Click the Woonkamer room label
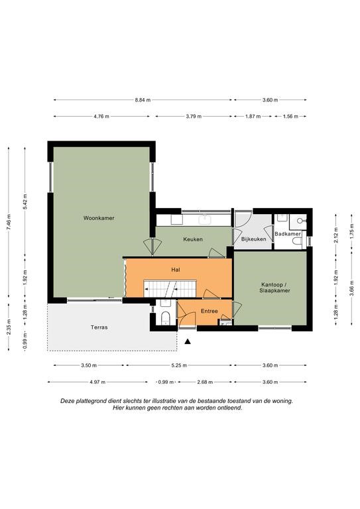pyautogui.click(x=99, y=218)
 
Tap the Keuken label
pyautogui.click(x=193, y=239)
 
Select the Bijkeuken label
pyautogui.click(x=253, y=239)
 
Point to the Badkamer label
pyautogui.click(x=288, y=234)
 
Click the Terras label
pyautogui.click(x=99, y=327)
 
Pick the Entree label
pyautogui.click(x=209, y=311)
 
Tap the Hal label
pyautogui.click(x=176, y=270)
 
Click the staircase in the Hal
pyautogui.click(x=170, y=288)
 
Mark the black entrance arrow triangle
pyautogui.click(x=188, y=341)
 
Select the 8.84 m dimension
pyautogui.click(x=143, y=100)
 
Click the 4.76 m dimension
pyautogui.click(x=101, y=116)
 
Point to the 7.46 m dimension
pyautogui.click(x=9, y=223)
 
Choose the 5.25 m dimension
pyautogui.click(x=179, y=366)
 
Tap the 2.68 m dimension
pyautogui.click(x=205, y=382)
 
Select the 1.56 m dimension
pyautogui.click(x=290, y=116)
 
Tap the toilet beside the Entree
pyautogui.click(x=165, y=317)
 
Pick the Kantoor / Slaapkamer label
pyautogui.click(x=274, y=288)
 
